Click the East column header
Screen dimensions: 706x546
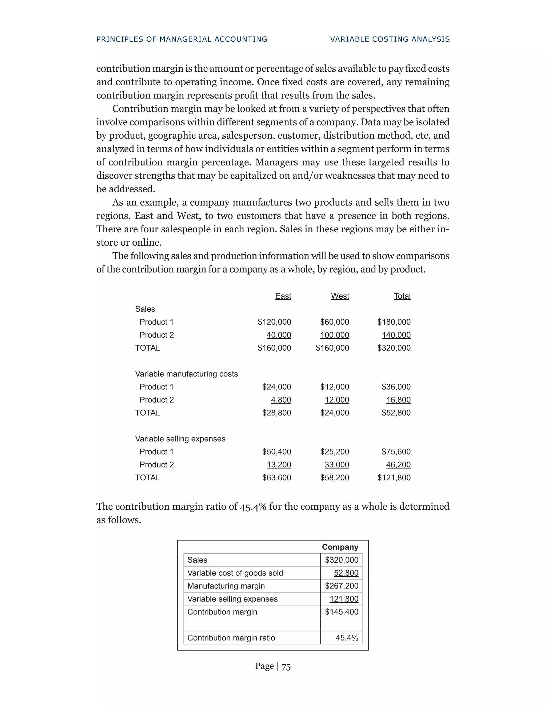pyautogui.click(x=283, y=296)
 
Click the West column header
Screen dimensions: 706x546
pyautogui.click(x=340, y=296)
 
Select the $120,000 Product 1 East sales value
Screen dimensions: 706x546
pyautogui.click(x=274, y=322)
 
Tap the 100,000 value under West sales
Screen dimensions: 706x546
pyautogui.click(x=335, y=335)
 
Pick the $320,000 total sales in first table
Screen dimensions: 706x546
pyautogui.click(x=394, y=348)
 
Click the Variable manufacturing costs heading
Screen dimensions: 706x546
pyautogui.click(x=186, y=374)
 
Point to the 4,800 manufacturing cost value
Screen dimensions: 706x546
pyautogui.click(x=281, y=400)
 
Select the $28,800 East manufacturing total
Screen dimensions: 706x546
pyautogui.click(x=276, y=413)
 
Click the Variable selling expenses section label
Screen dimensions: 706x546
pyautogui.click(x=180, y=439)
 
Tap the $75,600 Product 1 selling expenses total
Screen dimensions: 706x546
pyautogui.click(x=396, y=452)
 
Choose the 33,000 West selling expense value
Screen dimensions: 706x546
pyautogui.click(x=337, y=465)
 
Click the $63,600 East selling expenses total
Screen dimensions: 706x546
pyautogui.click(x=276, y=477)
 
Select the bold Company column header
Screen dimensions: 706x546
pyautogui.click(x=340, y=547)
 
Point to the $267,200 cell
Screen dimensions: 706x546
pyautogui.click(x=342, y=586)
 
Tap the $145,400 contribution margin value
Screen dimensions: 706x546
pyautogui.click(x=342, y=612)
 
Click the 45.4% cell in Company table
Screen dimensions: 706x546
pyautogui.click(x=347, y=638)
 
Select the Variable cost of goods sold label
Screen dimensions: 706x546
pyautogui.click(x=235, y=573)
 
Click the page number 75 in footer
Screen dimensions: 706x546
pyautogui.click(x=286, y=667)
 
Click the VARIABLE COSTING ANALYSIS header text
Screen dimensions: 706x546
pyautogui.click(x=390, y=39)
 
